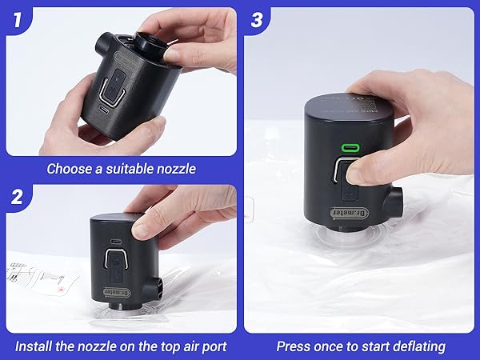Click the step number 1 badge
(17, 18)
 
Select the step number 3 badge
(256, 18)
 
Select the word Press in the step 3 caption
(294, 346)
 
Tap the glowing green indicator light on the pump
(349, 148)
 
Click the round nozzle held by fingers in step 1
(149, 45)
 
